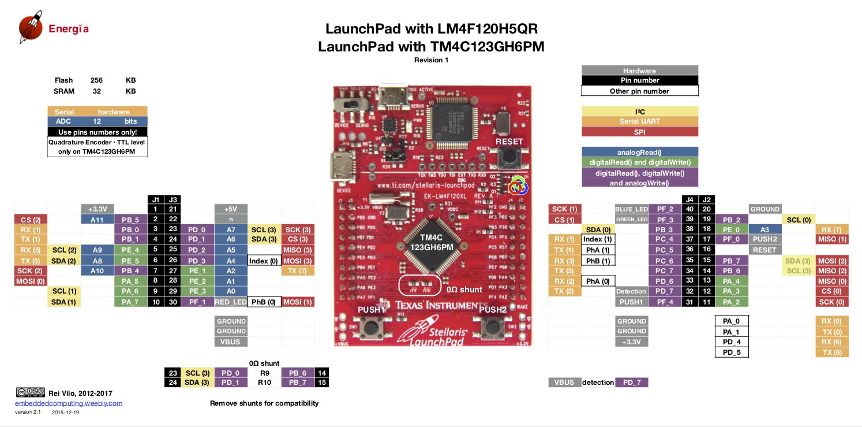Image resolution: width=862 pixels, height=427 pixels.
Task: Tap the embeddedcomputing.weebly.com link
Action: pos(69,403)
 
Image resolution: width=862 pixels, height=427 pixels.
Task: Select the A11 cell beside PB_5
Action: pos(97,220)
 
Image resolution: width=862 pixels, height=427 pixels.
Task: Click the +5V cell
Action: pos(230,209)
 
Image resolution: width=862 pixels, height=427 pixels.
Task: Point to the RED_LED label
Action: pos(230,302)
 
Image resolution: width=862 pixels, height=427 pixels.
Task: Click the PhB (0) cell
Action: pos(264,302)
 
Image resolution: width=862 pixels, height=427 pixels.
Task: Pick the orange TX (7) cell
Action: pos(298,271)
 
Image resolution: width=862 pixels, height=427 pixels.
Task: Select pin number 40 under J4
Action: pos(688,209)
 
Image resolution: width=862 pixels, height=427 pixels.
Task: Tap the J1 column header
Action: pos(155,199)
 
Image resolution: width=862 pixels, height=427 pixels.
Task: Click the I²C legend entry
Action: pos(639,111)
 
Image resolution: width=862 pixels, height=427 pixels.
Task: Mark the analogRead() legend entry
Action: pos(639,153)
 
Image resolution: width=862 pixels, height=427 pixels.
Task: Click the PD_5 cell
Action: pos(731,352)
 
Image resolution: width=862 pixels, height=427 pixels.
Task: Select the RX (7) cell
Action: pos(832,230)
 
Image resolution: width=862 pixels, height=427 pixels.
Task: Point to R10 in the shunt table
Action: pos(264,383)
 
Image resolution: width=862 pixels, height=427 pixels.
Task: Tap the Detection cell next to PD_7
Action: pos(631,292)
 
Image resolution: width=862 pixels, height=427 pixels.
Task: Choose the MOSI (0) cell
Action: pos(31,281)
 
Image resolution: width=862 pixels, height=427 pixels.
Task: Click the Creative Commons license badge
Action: pos(30,392)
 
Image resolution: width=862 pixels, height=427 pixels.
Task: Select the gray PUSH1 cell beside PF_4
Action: pos(631,302)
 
